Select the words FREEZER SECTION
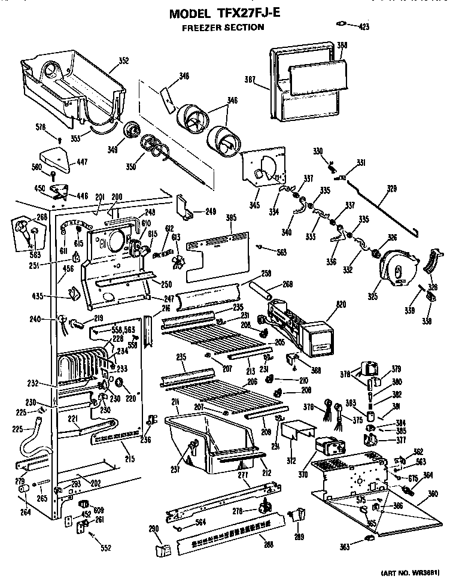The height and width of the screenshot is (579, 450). click(223, 27)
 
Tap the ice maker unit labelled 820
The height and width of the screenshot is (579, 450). click(299, 326)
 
